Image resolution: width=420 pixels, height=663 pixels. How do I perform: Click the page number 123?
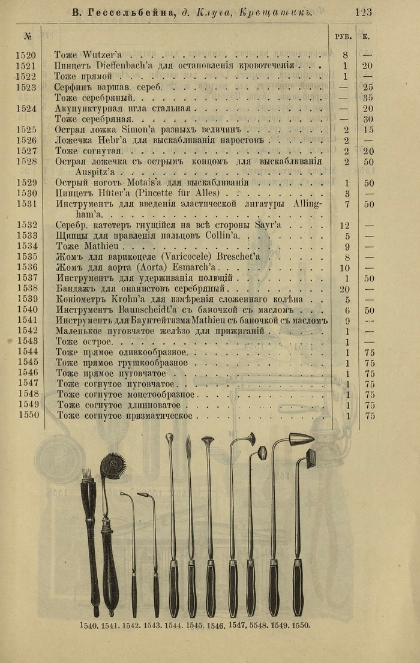[x=364, y=11]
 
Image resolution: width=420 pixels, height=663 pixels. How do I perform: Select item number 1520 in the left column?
[x=26, y=56]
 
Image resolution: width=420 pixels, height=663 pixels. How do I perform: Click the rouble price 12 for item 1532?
[x=344, y=225]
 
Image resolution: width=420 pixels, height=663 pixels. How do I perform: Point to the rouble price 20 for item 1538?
[x=344, y=288]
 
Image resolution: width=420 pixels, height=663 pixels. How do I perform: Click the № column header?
[x=28, y=36]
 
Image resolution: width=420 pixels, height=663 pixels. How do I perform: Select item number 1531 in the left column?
[x=26, y=204]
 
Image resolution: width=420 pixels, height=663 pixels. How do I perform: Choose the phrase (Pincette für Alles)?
[x=181, y=193]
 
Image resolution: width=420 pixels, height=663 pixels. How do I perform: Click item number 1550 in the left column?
[x=28, y=415]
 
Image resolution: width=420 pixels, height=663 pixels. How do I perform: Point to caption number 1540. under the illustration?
[x=89, y=625]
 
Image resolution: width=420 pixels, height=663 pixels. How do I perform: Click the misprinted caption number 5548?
[x=258, y=625]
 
